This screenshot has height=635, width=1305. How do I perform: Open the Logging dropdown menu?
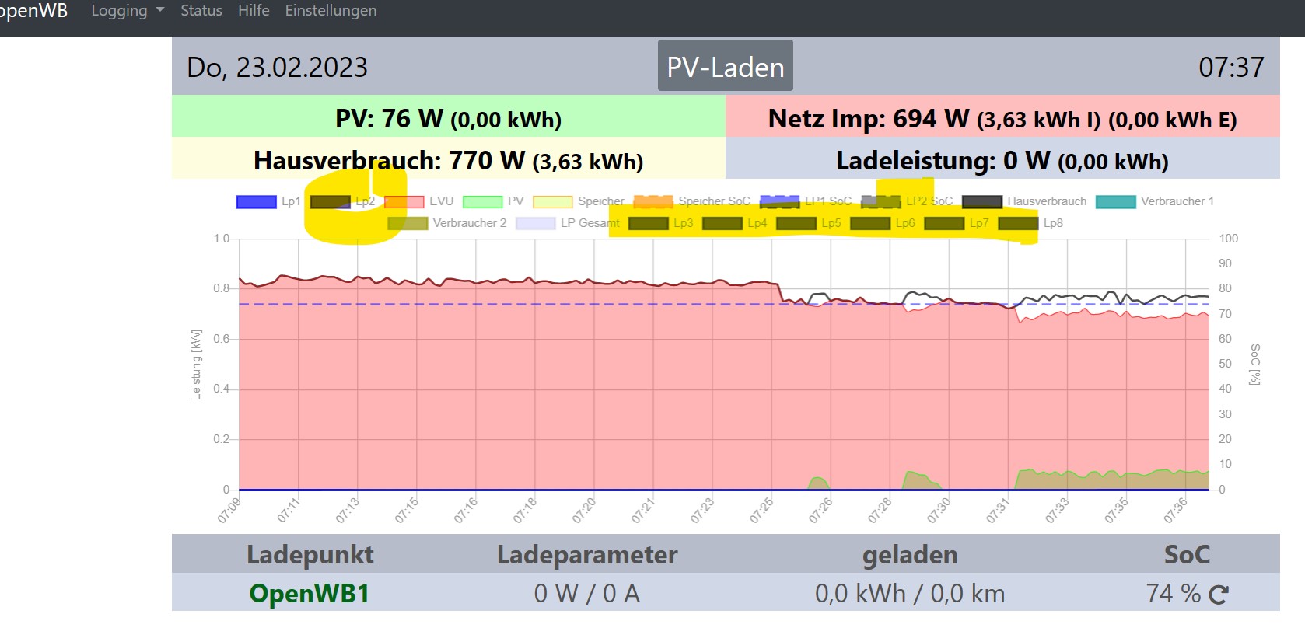[127, 11]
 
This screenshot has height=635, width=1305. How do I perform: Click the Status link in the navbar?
[201, 11]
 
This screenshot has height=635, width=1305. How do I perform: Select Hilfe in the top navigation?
[254, 11]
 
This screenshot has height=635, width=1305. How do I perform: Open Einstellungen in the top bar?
[331, 11]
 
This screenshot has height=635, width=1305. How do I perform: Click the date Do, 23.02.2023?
[277, 68]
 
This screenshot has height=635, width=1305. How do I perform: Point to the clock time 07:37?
[1231, 68]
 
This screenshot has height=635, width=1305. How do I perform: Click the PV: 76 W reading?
[448, 119]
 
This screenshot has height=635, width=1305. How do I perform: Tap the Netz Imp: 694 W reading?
[1002, 119]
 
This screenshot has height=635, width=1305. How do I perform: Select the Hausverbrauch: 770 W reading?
[448, 161]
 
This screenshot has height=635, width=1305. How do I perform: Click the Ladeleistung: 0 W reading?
[1002, 161]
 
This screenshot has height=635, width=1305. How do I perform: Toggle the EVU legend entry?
[420, 201]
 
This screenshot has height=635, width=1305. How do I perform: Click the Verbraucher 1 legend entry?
[1155, 201]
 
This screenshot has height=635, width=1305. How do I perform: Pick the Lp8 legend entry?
[1030, 223]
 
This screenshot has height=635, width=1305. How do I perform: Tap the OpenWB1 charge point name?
[309, 594]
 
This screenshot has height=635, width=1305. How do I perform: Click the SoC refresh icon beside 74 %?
[1219, 595]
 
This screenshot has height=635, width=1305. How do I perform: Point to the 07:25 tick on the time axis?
[762, 510]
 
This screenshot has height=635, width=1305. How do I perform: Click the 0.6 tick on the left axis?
[222, 339]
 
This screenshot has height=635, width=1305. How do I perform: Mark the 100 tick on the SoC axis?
[1228, 239]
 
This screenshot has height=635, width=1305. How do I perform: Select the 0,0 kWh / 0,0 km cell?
[910, 594]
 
